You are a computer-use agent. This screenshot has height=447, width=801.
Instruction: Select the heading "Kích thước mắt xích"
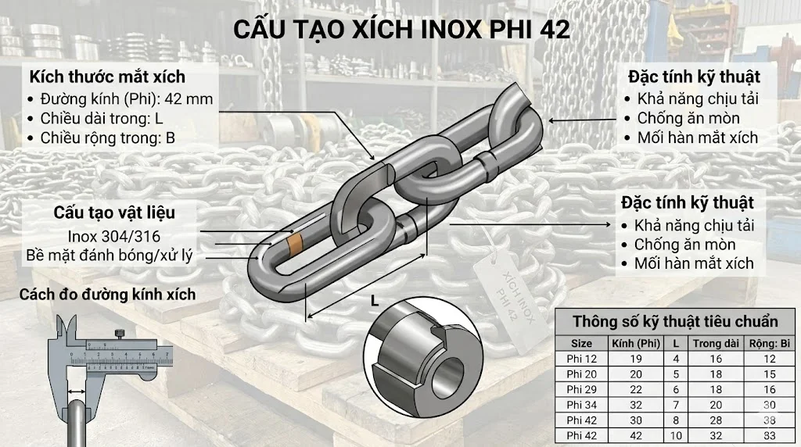(x=107, y=77)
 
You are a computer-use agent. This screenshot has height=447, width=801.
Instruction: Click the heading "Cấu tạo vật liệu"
(x=114, y=213)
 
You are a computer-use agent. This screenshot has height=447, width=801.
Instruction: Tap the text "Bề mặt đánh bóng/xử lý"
(x=109, y=255)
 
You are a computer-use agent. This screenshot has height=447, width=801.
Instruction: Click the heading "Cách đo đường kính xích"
(x=107, y=295)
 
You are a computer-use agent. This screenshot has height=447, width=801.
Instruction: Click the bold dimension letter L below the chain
(x=375, y=301)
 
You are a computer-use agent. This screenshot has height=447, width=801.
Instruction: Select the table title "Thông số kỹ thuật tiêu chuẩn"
(x=675, y=322)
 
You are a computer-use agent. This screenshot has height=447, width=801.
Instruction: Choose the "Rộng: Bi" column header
(x=770, y=343)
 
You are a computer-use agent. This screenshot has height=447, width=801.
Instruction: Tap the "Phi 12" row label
(x=581, y=359)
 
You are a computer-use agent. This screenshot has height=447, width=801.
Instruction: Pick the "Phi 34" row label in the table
(x=581, y=404)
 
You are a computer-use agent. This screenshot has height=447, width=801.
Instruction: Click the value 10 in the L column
(x=675, y=434)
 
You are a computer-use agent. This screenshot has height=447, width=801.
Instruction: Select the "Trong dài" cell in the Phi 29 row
(x=716, y=389)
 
